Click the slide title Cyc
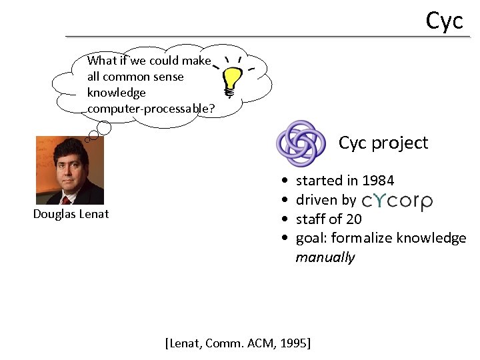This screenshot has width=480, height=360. tap(444, 20)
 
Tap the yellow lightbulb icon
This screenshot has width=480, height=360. tap(231, 81)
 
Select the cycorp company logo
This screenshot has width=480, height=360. tap(397, 201)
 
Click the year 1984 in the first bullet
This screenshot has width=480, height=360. tap(378, 181)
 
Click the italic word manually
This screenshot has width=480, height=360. tap(325, 257)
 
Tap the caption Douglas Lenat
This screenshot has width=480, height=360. tap(71, 214)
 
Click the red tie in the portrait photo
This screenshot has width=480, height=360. tap(66, 198)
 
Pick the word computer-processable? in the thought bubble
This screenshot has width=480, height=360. tap(151, 108)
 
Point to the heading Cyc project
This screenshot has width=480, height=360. tap(383, 143)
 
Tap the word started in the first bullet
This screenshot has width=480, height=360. tap(316, 181)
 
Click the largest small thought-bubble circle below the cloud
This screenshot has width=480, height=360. tap(104, 128)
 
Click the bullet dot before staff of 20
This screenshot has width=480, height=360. tap(285, 219)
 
